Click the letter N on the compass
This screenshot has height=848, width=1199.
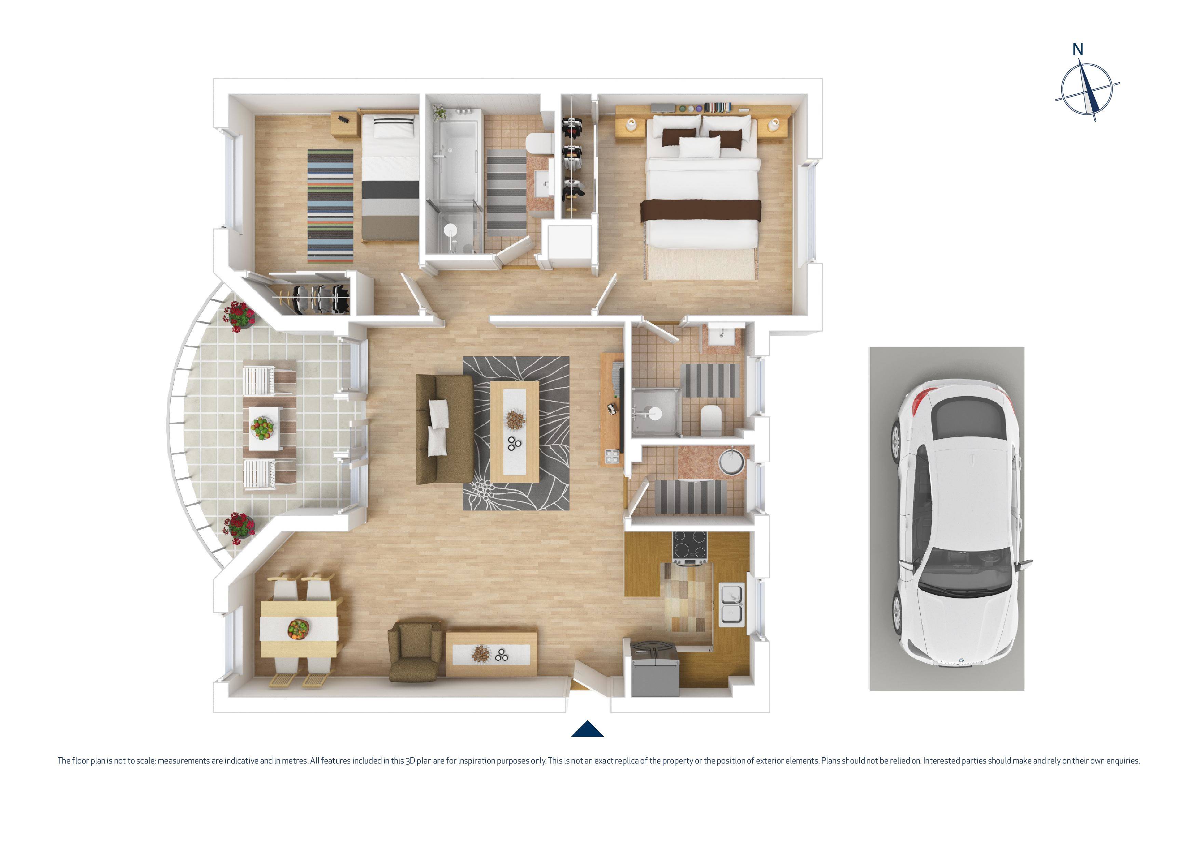(1077, 50)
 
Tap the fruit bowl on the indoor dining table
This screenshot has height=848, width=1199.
(298, 628)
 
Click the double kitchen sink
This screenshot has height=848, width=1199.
(732, 605)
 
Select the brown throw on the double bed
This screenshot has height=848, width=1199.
(701, 209)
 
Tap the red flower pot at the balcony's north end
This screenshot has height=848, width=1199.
(239, 315)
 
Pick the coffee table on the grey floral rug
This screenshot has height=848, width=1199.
(515, 432)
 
